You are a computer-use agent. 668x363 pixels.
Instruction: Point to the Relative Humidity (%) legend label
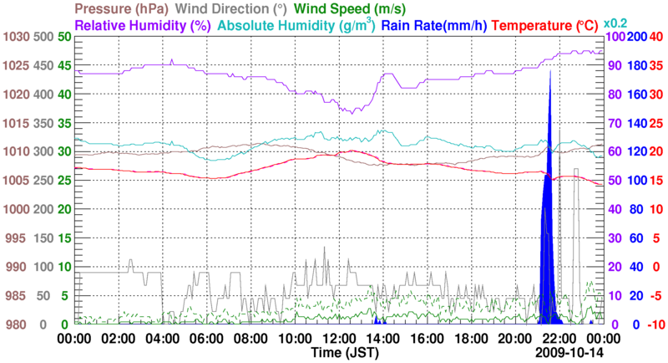[x=143, y=25]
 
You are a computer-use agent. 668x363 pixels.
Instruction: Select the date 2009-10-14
[x=570, y=354]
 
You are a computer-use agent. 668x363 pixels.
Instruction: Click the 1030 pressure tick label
[x=16, y=37]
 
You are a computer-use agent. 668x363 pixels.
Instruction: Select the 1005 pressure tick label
[x=16, y=181]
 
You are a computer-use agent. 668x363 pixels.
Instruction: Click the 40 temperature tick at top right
[x=656, y=37]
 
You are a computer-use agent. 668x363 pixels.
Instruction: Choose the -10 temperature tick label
[x=655, y=325]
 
